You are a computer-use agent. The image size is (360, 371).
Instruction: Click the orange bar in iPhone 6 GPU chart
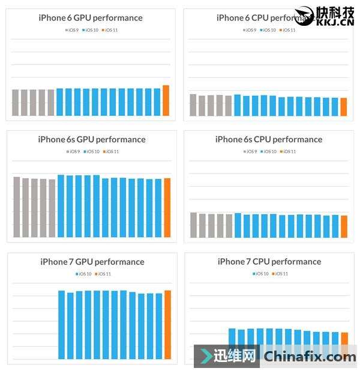tap(166, 101)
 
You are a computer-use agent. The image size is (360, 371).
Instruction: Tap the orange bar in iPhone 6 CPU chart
tap(344, 107)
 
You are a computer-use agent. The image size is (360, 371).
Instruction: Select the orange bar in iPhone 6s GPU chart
tap(167, 207)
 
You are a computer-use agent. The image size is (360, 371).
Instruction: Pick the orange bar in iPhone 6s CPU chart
tap(344, 226)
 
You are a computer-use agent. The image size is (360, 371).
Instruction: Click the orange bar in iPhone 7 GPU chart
tap(167, 325)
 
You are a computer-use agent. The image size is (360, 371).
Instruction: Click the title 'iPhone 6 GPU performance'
tap(91, 17)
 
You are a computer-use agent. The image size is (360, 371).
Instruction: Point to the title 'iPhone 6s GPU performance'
tap(92, 139)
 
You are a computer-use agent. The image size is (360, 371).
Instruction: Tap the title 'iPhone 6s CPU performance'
tap(269, 139)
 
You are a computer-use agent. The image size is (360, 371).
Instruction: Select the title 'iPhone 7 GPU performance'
tap(92, 262)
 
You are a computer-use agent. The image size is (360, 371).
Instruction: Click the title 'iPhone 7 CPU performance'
tap(269, 262)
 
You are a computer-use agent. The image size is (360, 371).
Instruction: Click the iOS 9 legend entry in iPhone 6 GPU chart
tap(72, 29)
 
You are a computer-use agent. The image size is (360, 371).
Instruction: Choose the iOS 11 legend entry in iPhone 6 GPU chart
tap(110, 29)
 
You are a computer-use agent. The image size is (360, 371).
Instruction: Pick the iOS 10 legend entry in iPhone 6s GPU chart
tap(91, 151)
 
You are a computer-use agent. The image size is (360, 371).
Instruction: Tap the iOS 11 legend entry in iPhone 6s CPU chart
tap(288, 151)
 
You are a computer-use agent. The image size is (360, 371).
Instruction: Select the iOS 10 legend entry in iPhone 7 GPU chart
tap(83, 274)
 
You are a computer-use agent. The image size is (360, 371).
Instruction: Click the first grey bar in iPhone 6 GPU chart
tap(16, 103)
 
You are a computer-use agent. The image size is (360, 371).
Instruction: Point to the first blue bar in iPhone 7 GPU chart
tap(61, 325)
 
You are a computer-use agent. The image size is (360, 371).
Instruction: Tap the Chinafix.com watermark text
tap(310, 357)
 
